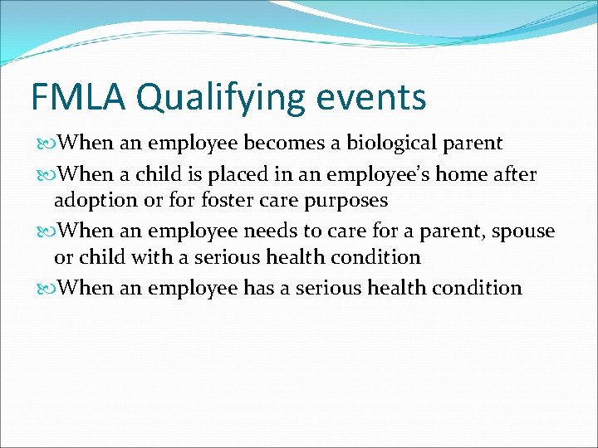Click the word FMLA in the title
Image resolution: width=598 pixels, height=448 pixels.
click(79, 97)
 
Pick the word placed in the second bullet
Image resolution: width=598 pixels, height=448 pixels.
click(228, 175)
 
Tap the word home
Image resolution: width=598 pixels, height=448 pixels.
click(462, 174)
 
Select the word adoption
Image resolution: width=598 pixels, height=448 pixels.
click(93, 201)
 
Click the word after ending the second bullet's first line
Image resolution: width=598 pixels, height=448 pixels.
click(515, 174)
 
